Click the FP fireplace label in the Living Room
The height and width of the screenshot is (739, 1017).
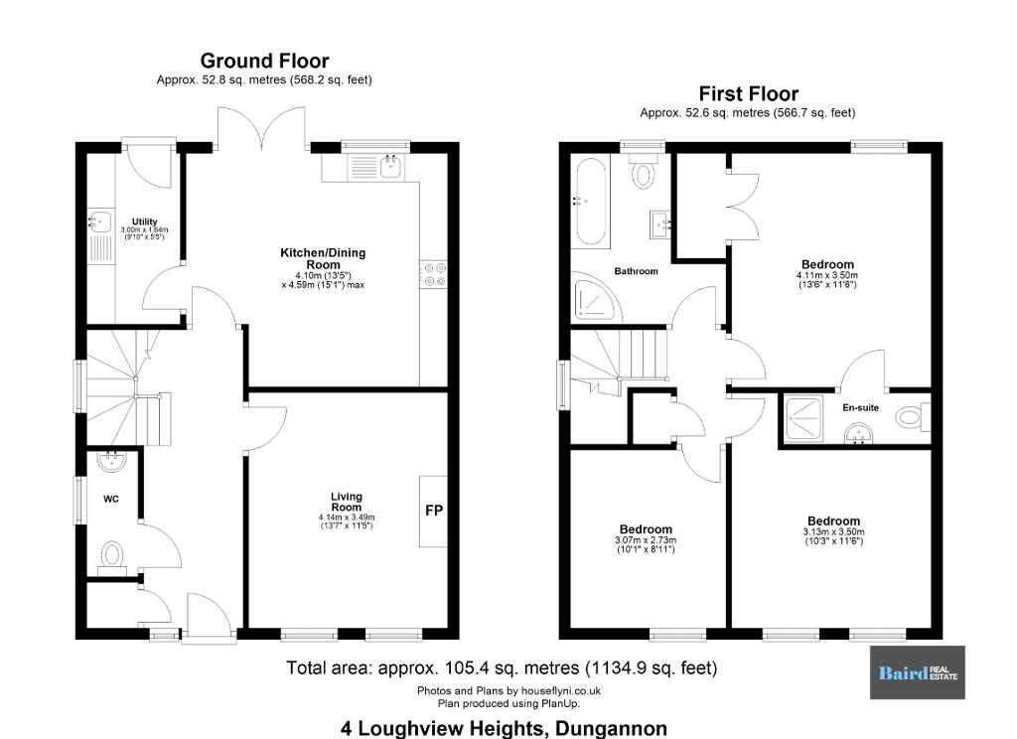point(434,511)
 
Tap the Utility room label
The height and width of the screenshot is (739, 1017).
point(145,222)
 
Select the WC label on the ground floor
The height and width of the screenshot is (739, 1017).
point(111,499)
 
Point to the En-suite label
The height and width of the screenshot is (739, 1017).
point(861,407)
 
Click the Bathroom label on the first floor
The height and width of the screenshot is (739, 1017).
point(637,271)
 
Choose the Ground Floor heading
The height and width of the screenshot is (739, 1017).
point(264,61)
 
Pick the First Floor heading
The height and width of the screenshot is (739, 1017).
point(749,94)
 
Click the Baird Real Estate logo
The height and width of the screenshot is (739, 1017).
point(917,672)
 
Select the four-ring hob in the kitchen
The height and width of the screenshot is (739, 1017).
point(433,273)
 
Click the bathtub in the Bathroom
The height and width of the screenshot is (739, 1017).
point(590,201)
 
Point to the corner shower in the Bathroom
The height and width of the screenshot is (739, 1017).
point(597,297)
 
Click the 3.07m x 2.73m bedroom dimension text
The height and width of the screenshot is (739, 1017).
point(646,540)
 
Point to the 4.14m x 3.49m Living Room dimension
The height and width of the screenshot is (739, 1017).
point(347,517)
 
